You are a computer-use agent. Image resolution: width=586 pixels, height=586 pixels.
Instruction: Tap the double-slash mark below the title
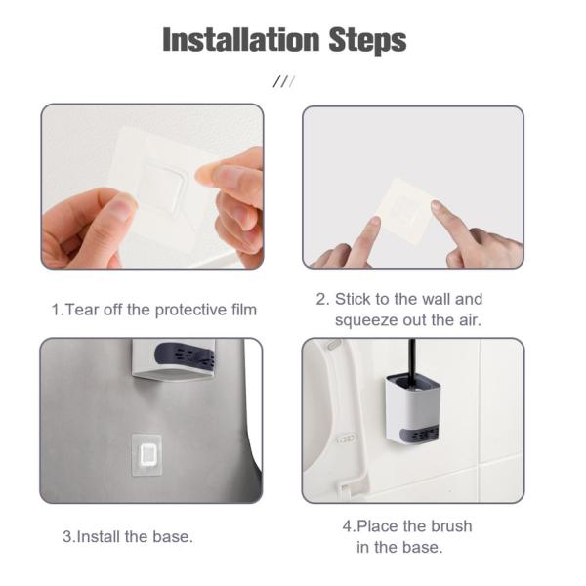(284, 81)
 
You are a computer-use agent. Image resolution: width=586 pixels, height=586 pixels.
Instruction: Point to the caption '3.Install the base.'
(128, 536)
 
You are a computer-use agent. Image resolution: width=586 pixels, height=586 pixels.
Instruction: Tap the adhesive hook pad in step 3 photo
(147, 453)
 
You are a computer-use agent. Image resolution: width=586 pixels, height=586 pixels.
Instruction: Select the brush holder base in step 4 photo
(413, 410)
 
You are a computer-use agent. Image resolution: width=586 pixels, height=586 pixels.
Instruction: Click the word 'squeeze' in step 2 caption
(366, 319)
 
